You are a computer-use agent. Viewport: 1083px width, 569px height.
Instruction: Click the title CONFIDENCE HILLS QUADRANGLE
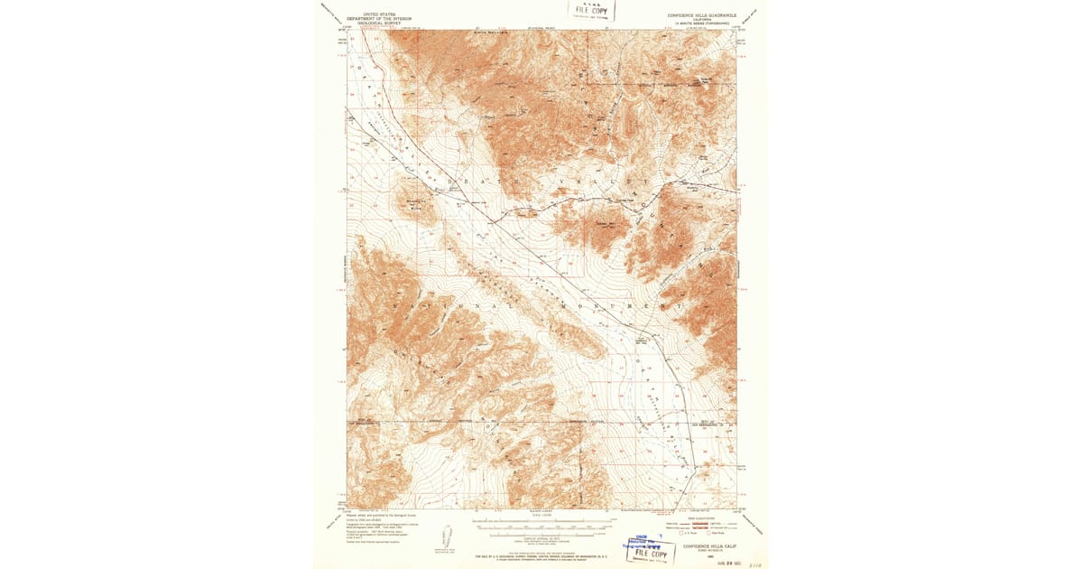coord(702,15)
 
